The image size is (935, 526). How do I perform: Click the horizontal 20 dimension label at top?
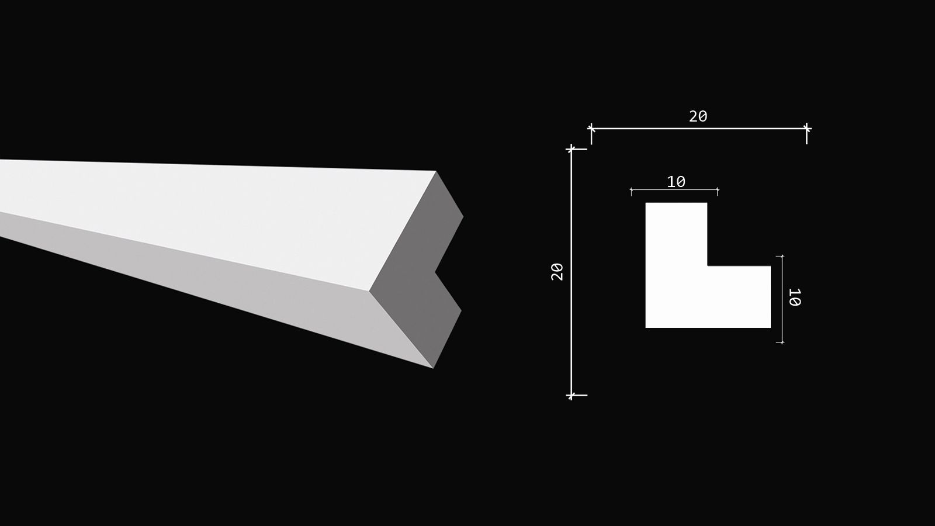pyautogui.click(x=698, y=116)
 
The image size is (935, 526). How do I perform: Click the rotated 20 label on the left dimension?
pyautogui.click(x=557, y=272)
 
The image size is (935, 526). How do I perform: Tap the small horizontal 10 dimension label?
pyautogui.click(x=676, y=182)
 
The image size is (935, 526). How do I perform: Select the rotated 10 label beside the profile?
pyautogui.click(x=794, y=297)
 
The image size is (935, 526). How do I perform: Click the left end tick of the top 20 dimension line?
pyautogui.click(x=591, y=129)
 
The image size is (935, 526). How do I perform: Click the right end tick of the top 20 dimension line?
pyautogui.click(x=806, y=129)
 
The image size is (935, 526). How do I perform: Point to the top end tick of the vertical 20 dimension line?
pyautogui.click(x=571, y=149)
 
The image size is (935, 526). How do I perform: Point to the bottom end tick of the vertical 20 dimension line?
pyautogui.click(x=571, y=395)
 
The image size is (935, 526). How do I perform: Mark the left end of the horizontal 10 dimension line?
pyautogui.click(x=631, y=190)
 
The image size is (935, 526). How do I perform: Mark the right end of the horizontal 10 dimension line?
pyautogui.click(x=718, y=190)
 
